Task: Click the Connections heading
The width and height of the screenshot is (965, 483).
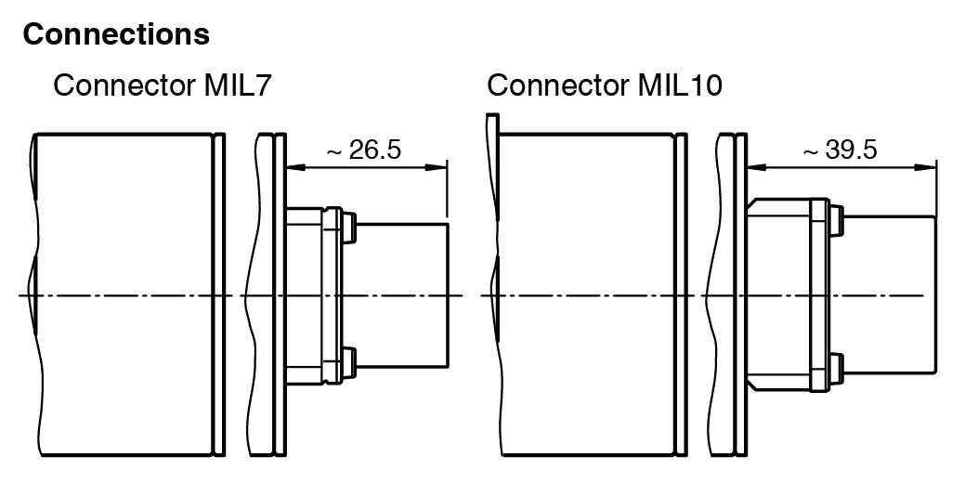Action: tap(116, 35)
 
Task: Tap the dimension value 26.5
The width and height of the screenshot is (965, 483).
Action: tap(375, 150)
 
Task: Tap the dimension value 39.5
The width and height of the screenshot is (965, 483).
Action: tap(851, 150)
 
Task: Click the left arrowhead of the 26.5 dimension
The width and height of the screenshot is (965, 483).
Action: tap(295, 167)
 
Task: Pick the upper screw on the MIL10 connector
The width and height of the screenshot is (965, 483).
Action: tap(836, 220)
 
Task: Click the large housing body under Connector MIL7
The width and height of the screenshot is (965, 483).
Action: tap(125, 295)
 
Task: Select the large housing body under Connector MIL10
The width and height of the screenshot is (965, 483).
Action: tap(585, 295)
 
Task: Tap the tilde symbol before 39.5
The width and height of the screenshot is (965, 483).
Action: tap(811, 150)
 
